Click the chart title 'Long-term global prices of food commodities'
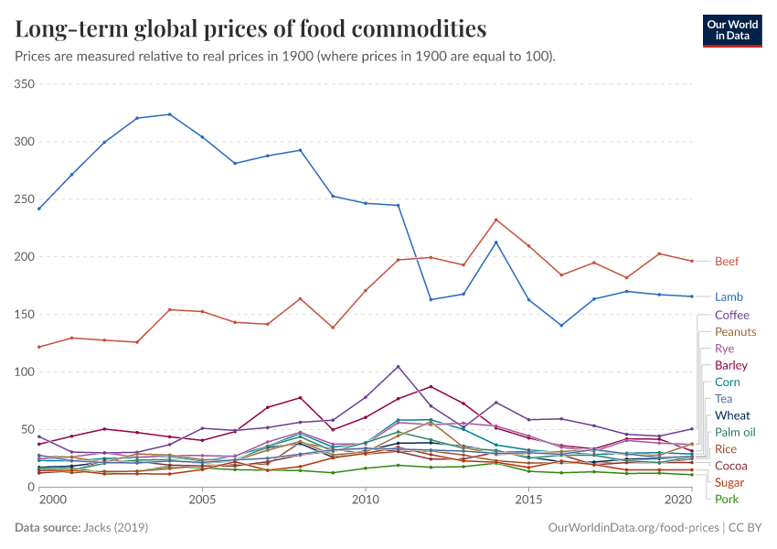(x=250, y=29)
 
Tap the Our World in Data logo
(x=734, y=30)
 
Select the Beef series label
(x=727, y=262)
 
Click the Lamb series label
(x=729, y=297)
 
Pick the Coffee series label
(x=731, y=316)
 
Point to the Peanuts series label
(x=735, y=332)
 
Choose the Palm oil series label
(x=735, y=432)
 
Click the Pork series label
(x=726, y=500)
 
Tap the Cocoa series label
(x=730, y=466)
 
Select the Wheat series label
(x=732, y=415)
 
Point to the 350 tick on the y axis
(x=25, y=84)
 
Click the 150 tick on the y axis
(x=25, y=315)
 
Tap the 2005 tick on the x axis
(x=202, y=501)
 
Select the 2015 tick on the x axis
(x=528, y=501)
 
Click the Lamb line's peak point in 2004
(x=169, y=114)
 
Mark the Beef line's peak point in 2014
(x=495, y=220)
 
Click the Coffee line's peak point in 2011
(x=398, y=367)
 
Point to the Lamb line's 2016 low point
(x=561, y=325)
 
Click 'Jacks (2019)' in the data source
(x=118, y=529)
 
